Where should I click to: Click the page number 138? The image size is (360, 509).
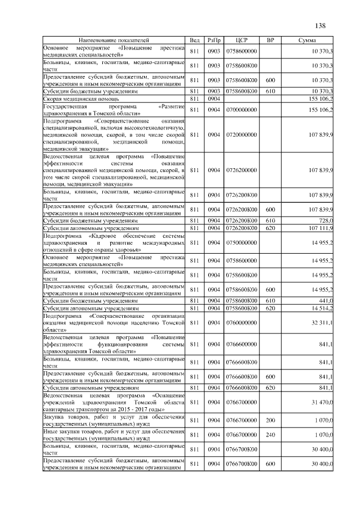[x=321, y=26]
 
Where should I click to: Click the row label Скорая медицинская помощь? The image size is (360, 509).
[x=73, y=98]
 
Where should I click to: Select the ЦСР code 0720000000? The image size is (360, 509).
[x=241, y=134]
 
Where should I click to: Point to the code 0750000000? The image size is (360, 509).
[x=241, y=242]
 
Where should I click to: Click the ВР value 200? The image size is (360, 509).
[x=270, y=420]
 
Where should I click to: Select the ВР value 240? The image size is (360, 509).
[x=270, y=435]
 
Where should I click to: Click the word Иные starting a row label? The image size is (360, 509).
[x=51, y=431]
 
